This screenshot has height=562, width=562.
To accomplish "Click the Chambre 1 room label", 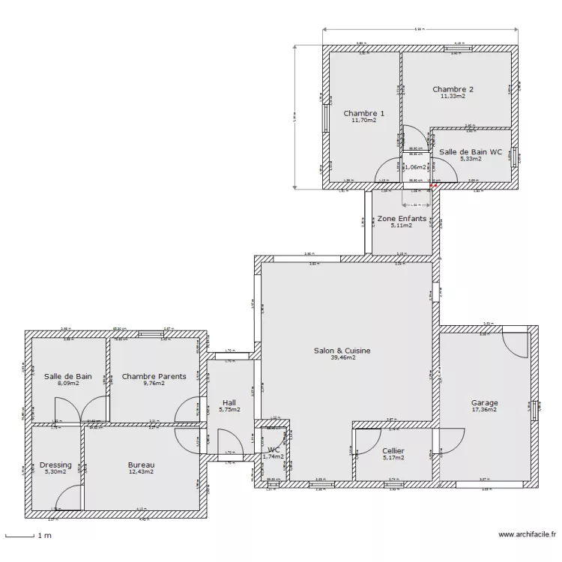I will (x=364, y=113).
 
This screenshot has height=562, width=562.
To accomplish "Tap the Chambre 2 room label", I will (x=453, y=89).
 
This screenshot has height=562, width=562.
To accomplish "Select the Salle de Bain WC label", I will (x=471, y=151).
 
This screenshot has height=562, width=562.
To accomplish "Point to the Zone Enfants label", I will (x=402, y=219).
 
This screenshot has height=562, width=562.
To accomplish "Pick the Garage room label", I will (x=485, y=402).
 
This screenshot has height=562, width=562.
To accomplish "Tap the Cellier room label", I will (x=393, y=450).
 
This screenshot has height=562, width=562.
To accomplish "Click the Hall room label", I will (x=229, y=402).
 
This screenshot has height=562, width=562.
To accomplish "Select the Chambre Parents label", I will (x=154, y=376).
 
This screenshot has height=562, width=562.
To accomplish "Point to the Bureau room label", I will (x=141, y=465).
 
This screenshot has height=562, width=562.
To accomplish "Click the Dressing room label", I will (x=55, y=465).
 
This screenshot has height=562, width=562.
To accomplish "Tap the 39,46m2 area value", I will (x=344, y=358).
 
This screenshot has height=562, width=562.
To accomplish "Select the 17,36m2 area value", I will (x=485, y=411).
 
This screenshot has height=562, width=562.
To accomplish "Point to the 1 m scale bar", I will (x=20, y=535).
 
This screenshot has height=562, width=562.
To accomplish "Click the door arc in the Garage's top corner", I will (x=516, y=345).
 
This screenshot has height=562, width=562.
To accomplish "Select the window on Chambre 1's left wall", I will (x=325, y=116).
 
